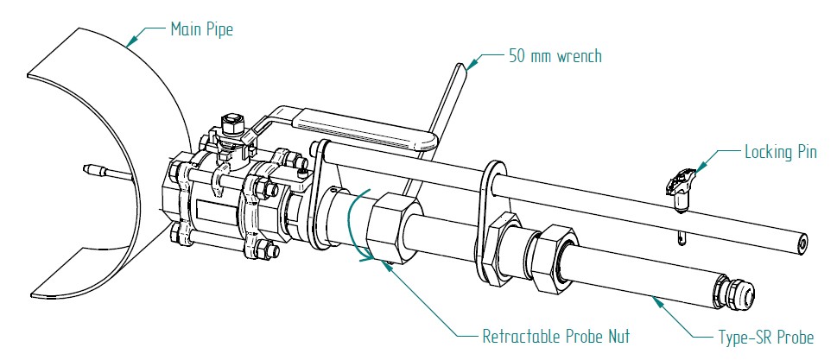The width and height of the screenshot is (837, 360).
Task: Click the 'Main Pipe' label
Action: coord(201,28)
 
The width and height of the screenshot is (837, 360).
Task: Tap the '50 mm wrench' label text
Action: coord(553,56)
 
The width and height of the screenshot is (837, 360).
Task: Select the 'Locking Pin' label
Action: coord(780,153)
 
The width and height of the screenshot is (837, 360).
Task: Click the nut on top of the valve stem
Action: coord(230,123)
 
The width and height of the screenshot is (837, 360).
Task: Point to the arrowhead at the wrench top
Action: coord(470,63)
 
